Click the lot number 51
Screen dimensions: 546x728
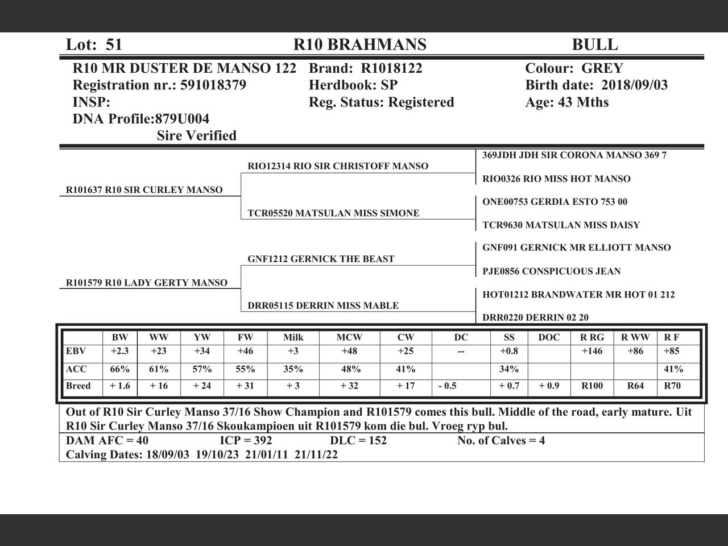coord(114,44)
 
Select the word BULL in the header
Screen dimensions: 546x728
coord(594,44)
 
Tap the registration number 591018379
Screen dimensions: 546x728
coord(213,85)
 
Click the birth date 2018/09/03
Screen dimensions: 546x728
coord(634,85)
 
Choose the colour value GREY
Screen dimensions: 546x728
coord(602,68)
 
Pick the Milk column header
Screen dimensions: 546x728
coord(293,337)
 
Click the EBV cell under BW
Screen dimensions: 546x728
coord(119,351)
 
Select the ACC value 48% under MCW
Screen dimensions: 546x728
coord(350,369)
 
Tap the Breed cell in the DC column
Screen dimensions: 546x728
coord(448,386)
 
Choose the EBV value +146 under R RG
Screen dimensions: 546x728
coord(591,351)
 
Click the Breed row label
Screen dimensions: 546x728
coord(78,386)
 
